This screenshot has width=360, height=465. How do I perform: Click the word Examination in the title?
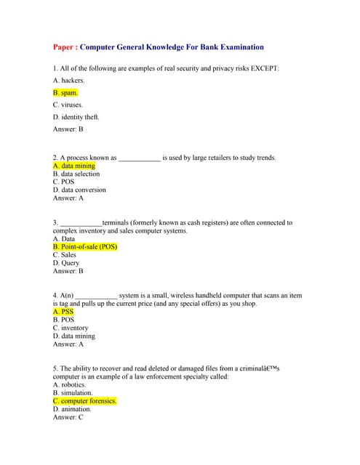(233, 47)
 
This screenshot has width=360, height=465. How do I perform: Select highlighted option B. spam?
(65, 93)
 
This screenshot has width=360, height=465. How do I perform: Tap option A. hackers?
(69, 81)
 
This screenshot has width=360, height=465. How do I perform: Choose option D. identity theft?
(76, 117)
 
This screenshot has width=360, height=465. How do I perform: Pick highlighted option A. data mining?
(73, 166)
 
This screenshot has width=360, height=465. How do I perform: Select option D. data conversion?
(79, 190)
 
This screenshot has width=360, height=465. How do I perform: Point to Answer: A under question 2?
(68, 198)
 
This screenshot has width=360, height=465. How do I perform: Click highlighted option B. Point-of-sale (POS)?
(85, 247)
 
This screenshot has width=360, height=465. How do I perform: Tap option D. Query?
(66, 263)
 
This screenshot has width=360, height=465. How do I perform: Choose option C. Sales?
(65, 255)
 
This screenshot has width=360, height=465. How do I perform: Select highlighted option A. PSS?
(63, 312)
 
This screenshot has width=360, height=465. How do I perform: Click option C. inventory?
(71, 328)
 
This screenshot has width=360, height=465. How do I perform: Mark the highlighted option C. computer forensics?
(84, 401)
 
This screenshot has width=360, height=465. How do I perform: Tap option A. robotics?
(69, 385)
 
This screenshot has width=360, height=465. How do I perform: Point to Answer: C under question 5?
(68, 417)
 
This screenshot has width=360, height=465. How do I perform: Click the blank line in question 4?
(96, 296)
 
